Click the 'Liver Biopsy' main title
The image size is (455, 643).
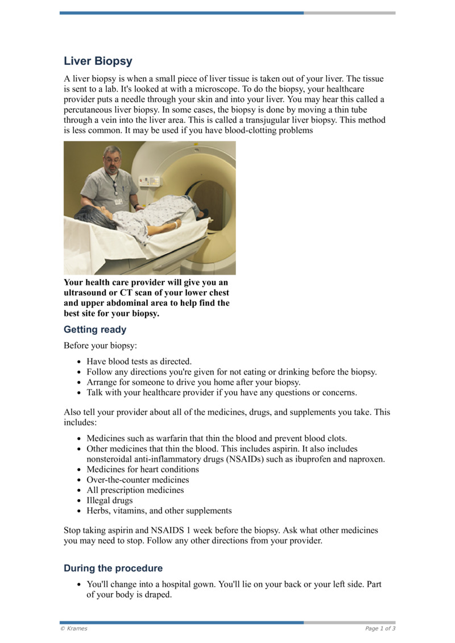[x=98, y=61]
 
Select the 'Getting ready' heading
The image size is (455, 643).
[x=95, y=330]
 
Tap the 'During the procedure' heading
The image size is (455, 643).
[x=113, y=569]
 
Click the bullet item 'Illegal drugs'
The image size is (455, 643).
[x=109, y=500]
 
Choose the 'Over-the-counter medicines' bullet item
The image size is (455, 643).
[x=138, y=480]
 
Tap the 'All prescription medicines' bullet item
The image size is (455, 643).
[x=135, y=490]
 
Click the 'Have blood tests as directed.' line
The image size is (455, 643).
[x=139, y=361]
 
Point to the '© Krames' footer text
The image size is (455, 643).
[x=74, y=629]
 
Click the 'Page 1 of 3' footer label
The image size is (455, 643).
[x=380, y=629]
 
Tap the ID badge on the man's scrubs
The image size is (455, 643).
[x=118, y=200]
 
